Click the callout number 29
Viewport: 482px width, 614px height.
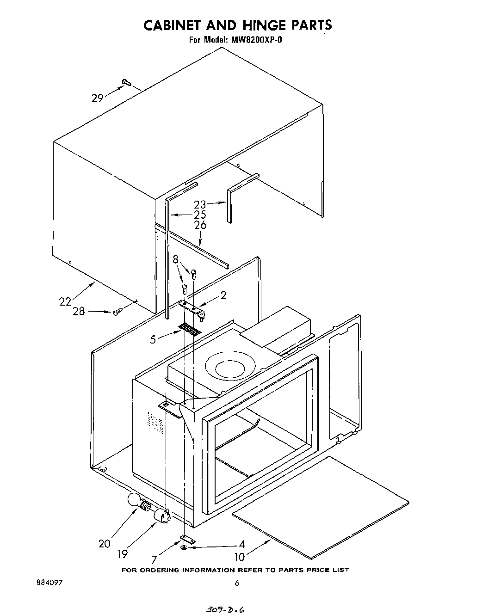click(x=97, y=98)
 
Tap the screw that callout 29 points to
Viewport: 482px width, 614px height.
click(x=126, y=82)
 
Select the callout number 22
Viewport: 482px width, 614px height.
click(x=65, y=301)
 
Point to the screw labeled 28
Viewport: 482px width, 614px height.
click(x=117, y=313)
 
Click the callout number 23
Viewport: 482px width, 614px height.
click(x=200, y=204)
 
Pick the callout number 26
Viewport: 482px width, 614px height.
click(x=200, y=225)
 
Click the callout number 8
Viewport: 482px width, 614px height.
click(x=176, y=259)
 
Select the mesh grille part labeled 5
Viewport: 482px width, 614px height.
click(x=190, y=329)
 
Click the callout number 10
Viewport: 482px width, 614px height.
click(x=240, y=557)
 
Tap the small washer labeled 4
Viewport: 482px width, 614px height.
click(x=184, y=547)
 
